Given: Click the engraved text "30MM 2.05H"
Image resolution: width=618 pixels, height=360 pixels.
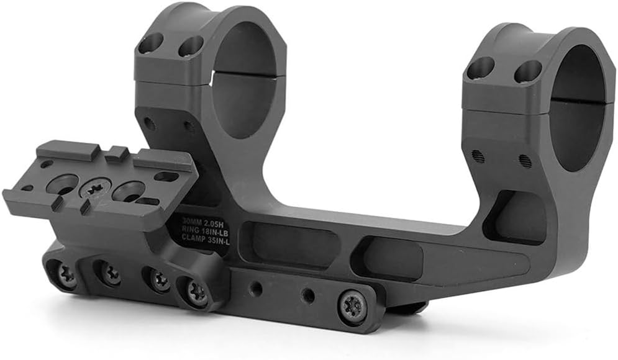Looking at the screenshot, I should [201, 220].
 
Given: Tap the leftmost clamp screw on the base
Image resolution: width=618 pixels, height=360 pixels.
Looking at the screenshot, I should [64, 273].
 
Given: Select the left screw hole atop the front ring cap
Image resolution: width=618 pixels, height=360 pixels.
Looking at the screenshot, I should [149, 43].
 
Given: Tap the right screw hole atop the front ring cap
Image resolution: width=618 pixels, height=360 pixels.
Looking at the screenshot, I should [190, 47].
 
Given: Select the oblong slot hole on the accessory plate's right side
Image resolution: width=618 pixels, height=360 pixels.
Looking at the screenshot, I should [165, 177].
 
